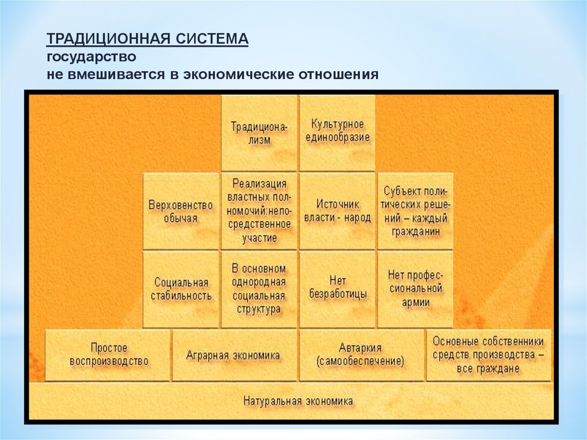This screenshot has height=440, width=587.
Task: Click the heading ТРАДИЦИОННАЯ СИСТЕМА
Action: [x=147, y=40]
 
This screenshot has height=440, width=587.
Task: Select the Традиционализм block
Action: [x=259, y=133]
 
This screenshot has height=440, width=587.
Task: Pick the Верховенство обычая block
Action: [x=181, y=212]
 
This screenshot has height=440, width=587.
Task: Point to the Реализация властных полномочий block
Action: [x=259, y=211]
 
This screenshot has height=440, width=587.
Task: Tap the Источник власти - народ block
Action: [x=337, y=211]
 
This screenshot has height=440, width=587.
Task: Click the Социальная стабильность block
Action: [x=181, y=289]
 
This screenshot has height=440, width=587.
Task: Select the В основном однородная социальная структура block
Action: [x=259, y=289]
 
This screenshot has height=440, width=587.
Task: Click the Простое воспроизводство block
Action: [x=108, y=355]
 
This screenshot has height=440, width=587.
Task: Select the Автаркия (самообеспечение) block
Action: [x=361, y=355]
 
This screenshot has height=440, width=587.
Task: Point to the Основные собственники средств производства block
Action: [x=488, y=355]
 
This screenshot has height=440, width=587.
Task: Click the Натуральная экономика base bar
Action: [x=298, y=401]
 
